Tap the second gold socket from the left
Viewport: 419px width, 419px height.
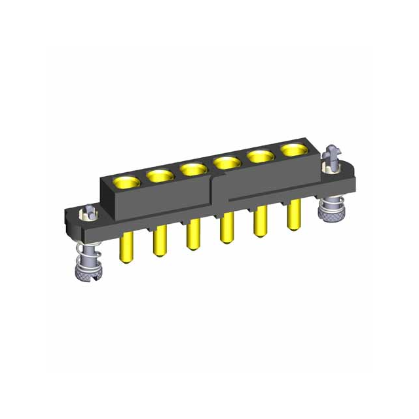click(158, 175)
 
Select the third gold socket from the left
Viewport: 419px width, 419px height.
click(192, 169)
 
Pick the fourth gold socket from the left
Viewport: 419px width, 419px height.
click(227, 162)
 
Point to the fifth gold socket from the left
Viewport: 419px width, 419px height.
click(261, 156)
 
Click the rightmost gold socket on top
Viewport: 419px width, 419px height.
click(293, 151)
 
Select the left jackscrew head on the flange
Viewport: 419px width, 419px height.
click(87, 212)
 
